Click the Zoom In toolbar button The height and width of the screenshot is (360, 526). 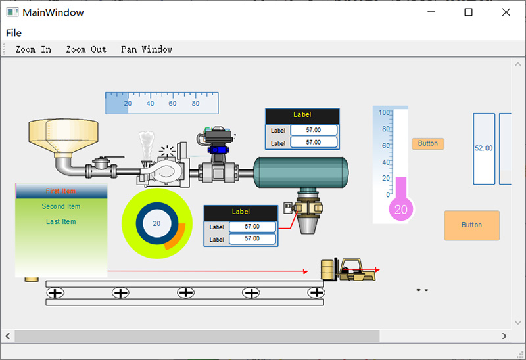[x=34, y=49]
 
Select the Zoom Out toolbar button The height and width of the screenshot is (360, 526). [x=86, y=49]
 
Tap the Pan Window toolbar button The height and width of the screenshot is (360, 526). [x=146, y=49]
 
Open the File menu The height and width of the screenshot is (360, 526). [x=14, y=33]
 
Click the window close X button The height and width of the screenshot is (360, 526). [x=506, y=12]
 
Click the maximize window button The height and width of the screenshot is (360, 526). [x=468, y=12]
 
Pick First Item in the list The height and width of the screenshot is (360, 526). [x=60, y=191]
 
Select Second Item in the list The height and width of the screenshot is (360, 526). [x=61, y=206]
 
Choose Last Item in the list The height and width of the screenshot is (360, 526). [x=61, y=221]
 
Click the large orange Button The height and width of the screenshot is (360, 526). [x=471, y=225]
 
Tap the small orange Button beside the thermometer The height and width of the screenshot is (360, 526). [x=428, y=143]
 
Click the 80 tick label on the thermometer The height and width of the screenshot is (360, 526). [x=386, y=129]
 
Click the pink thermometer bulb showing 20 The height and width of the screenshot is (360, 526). [x=401, y=209]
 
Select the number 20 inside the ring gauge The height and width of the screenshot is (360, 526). [x=156, y=223]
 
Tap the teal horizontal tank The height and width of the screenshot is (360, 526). [x=301, y=172]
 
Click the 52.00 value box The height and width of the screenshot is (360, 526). [x=484, y=148]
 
